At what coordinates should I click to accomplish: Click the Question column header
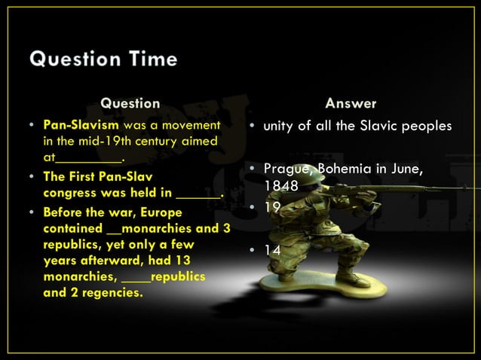[130, 102]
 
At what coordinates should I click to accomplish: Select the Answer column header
[351, 102]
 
